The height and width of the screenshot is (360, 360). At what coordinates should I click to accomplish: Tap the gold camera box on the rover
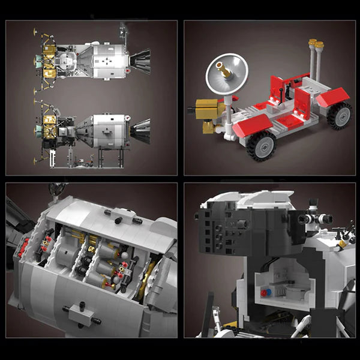coord(209,110)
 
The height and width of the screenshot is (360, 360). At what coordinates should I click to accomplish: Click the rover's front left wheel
coord(262,146)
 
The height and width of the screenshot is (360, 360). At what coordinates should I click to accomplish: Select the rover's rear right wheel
coord(340,114)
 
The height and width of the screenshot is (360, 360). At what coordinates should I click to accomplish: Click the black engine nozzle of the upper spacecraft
coord(140,58)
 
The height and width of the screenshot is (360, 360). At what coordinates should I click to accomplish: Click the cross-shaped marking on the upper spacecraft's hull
coord(106,61)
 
